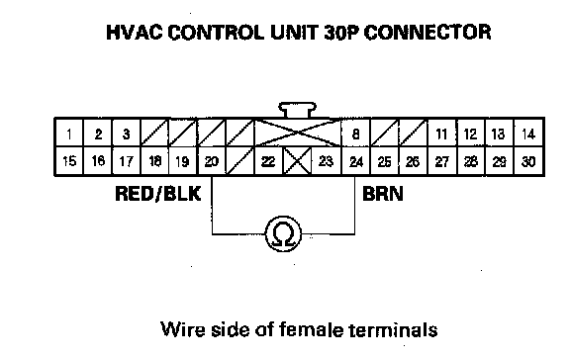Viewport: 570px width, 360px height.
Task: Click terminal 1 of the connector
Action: (x=69, y=133)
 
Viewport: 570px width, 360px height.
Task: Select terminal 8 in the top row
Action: (x=355, y=133)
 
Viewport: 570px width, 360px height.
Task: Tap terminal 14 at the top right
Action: (x=528, y=133)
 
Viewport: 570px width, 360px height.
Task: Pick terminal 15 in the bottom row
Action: (x=69, y=161)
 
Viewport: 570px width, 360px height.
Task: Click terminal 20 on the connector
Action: (x=212, y=161)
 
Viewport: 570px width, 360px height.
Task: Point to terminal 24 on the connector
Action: (x=355, y=161)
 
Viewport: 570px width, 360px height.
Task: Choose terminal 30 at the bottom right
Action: (x=528, y=161)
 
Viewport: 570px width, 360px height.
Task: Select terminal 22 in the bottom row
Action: (x=268, y=161)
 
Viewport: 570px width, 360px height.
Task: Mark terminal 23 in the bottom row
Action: (x=327, y=161)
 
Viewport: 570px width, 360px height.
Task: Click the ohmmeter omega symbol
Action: (x=284, y=233)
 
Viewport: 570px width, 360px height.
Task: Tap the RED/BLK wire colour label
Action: (x=157, y=194)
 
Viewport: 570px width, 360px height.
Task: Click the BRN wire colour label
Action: (x=383, y=194)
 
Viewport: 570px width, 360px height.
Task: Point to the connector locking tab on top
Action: (x=297, y=110)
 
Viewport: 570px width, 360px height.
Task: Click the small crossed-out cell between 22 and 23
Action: (x=297, y=161)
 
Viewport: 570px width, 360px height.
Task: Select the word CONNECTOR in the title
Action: (x=427, y=32)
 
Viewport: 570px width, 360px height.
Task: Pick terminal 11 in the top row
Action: (x=442, y=133)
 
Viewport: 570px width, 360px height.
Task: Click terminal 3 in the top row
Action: (x=126, y=133)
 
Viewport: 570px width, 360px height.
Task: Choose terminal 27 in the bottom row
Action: (x=442, y=161)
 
